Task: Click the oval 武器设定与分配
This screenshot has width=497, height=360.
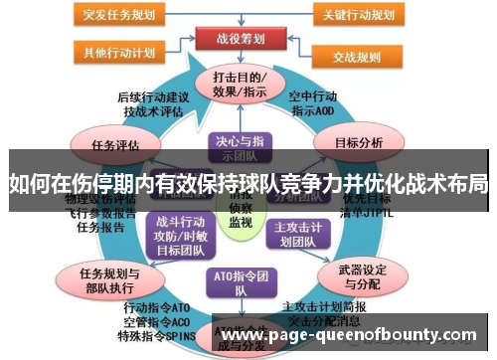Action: click(356, 272)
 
